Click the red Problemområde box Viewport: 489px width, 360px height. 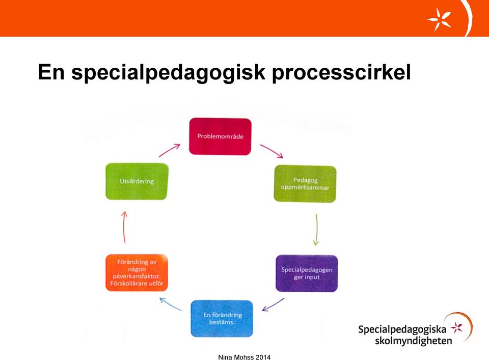pos(220,136)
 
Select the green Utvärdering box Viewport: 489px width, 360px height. pos(137,181)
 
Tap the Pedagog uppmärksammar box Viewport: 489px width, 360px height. pos(305,184)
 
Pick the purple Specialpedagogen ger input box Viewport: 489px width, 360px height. pos(307,273)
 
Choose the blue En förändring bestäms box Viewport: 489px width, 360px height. pos(222,319)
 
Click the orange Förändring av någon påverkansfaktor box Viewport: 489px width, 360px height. pos(137,273)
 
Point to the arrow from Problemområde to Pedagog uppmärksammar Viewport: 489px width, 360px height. pos(272,151)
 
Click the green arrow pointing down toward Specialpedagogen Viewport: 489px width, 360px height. pos(316,230)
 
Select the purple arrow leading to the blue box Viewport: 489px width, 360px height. pos(273,305)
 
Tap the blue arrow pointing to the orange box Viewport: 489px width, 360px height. pos(170,304)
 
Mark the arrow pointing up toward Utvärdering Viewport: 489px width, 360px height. pos(124,227)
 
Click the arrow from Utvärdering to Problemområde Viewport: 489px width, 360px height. pos(169,150)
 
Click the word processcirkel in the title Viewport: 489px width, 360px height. pos(341,73)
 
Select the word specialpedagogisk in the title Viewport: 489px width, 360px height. pos(168,73)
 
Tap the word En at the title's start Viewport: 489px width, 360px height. pos(51,72)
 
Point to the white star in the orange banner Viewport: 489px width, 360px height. pos(439,19)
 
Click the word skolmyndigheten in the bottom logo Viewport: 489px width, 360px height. pos(413,341)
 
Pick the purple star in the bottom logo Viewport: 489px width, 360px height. pos(457,327)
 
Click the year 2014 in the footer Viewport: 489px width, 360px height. pos(263,357)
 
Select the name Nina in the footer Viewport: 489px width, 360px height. pos(225,357)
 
